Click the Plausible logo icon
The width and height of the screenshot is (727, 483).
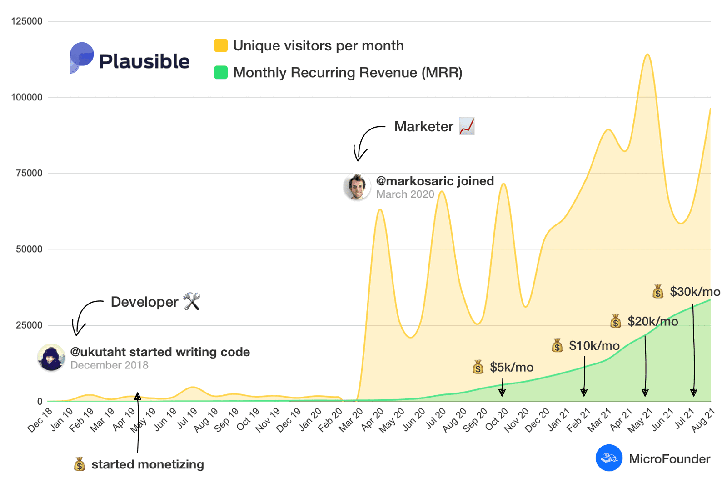coord(81,58)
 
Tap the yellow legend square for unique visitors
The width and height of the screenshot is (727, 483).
coord(221,45)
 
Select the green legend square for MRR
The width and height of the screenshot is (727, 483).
coord(221,73)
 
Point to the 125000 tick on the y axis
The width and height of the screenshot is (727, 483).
coord(27,21)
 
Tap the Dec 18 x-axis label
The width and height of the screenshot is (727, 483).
coord(40,420)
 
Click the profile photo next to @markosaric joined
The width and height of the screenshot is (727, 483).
coord(357,187)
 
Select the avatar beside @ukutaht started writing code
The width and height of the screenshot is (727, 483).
coord(51,358)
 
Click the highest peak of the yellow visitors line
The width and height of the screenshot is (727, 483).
coord(647,55)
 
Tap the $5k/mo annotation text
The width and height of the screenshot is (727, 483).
coord(512,367)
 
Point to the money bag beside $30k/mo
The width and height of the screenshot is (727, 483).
coord(658,291)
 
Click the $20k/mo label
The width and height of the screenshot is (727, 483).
coord(652,322)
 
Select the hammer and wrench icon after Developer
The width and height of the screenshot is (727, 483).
coord(192,301)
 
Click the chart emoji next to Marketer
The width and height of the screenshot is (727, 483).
coord(467,126)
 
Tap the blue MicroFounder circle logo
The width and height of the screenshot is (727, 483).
coord(609,458)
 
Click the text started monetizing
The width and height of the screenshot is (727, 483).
coord(148,464)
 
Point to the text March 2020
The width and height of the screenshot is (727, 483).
coord(405,194)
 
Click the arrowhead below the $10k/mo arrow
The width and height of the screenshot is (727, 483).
coord(584,393)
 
